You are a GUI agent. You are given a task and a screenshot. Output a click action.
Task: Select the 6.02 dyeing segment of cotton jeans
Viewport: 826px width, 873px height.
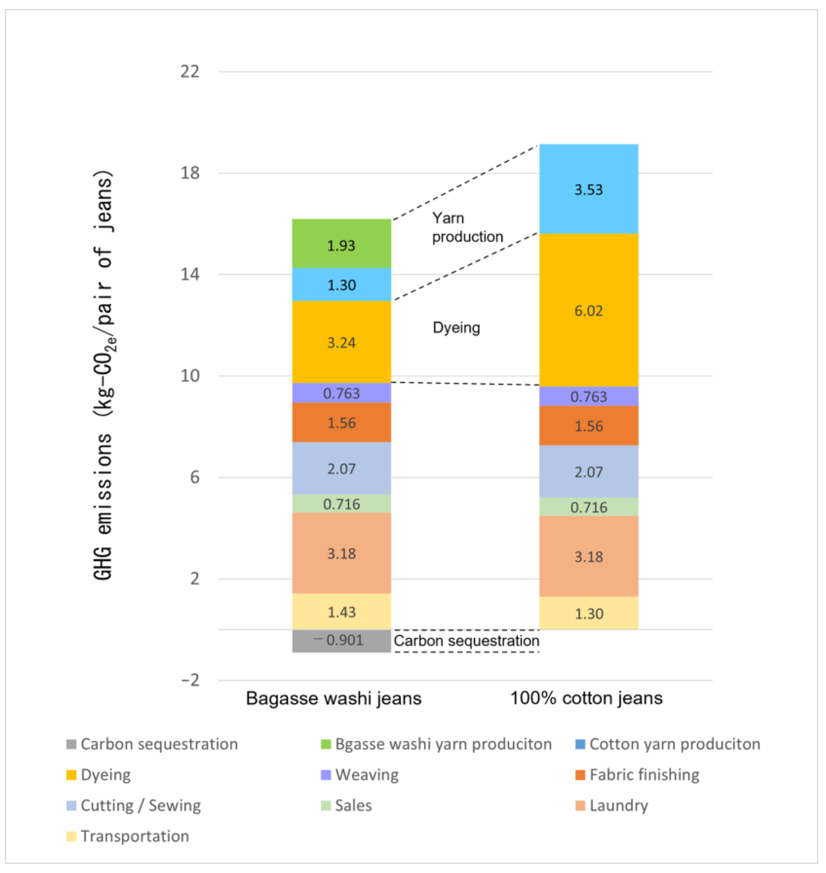click(588, 310)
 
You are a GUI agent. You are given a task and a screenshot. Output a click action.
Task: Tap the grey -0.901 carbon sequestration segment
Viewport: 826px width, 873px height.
click(341, 640)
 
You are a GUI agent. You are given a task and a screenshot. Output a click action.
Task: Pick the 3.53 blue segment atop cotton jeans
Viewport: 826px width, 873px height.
click(588, 189)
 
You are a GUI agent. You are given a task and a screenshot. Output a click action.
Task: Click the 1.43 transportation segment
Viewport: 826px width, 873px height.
click(341, 612)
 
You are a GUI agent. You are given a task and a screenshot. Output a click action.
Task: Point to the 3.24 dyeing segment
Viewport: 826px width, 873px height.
click(341, 342)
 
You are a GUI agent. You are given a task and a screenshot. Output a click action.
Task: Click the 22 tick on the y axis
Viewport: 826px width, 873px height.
click(190, 71)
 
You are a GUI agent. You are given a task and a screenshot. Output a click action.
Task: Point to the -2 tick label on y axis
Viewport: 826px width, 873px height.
click(190, 680)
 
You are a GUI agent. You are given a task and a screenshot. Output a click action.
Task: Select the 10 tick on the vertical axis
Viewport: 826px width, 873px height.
click(190, 376)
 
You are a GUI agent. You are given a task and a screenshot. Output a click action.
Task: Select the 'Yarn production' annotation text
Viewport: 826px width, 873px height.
click(467, 227)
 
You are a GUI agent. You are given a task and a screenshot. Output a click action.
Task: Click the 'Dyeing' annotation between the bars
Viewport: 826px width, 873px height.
click(456, 328)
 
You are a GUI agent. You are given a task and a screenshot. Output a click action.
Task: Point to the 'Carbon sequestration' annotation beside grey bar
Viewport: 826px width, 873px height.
click(466, 640)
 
